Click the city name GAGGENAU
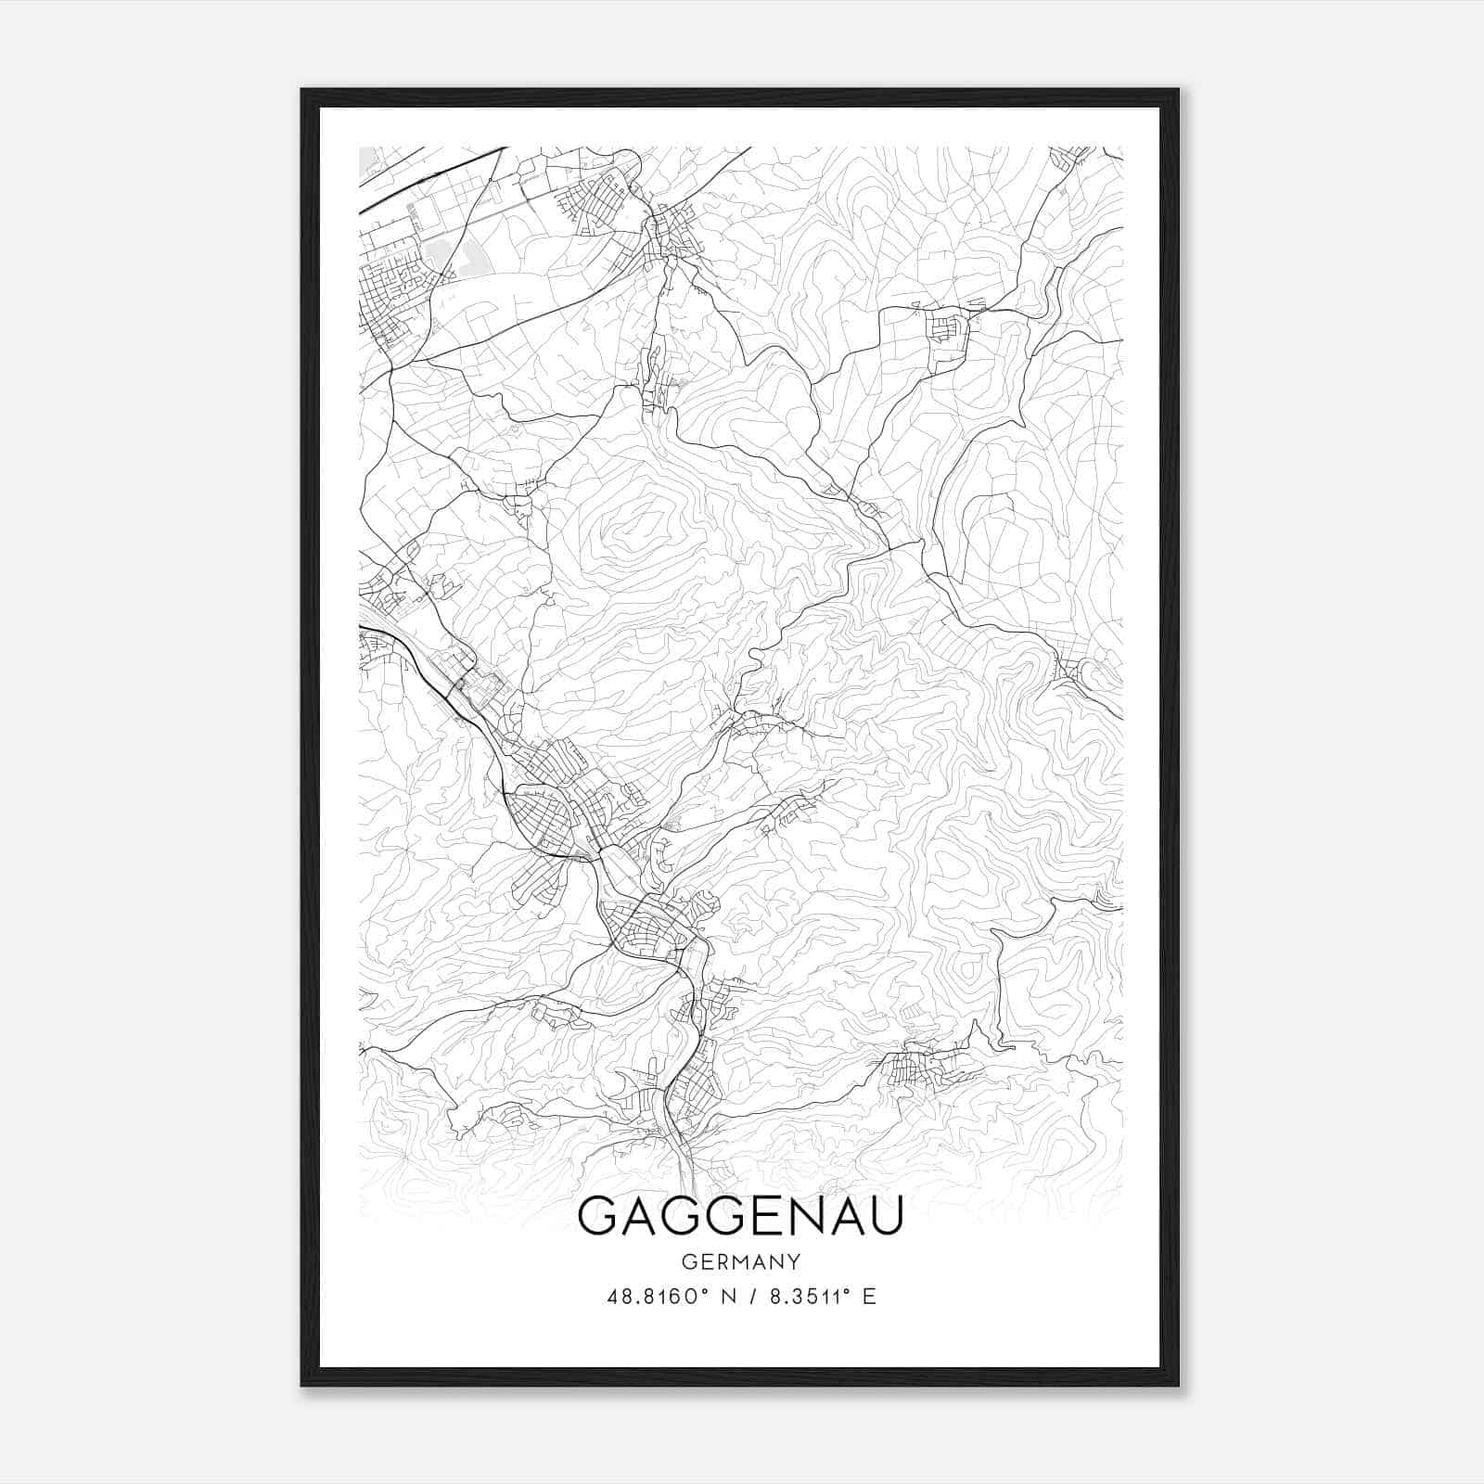pos(740,1216)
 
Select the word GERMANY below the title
pos(740,1261)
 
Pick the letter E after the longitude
pos(869,1297)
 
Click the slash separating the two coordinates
pos(750,1297)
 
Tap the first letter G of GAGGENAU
pos(600,1216)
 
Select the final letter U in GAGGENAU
pos(883,1216)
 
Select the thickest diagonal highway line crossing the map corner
pos(427,176)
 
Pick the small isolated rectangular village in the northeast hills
pos(946,329)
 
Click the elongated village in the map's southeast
pos(923,1067)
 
